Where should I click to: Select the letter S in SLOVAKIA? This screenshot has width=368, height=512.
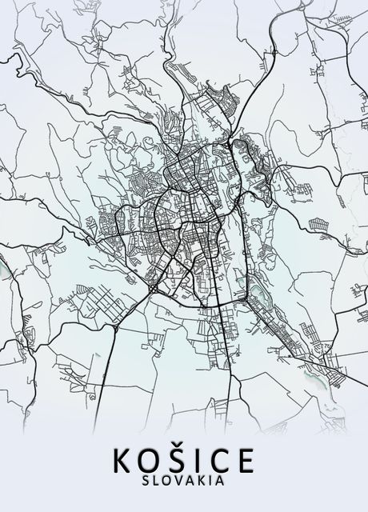tap(144, 481)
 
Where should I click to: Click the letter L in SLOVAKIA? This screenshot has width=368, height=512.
tap(155, 481)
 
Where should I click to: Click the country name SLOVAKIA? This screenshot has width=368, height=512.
tap(184, 481)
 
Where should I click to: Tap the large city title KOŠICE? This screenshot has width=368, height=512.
tap(184, 461)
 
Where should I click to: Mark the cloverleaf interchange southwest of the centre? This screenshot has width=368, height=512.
tap(152, 287)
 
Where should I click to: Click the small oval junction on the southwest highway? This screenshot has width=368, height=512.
tap(116, 327)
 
